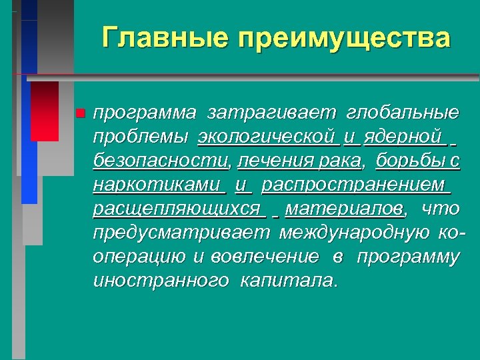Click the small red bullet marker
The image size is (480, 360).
81,113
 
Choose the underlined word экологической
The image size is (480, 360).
266,137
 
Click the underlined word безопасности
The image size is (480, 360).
160,161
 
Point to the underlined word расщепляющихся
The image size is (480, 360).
177,209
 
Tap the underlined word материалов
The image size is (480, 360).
344,209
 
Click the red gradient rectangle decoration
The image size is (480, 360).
45,111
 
